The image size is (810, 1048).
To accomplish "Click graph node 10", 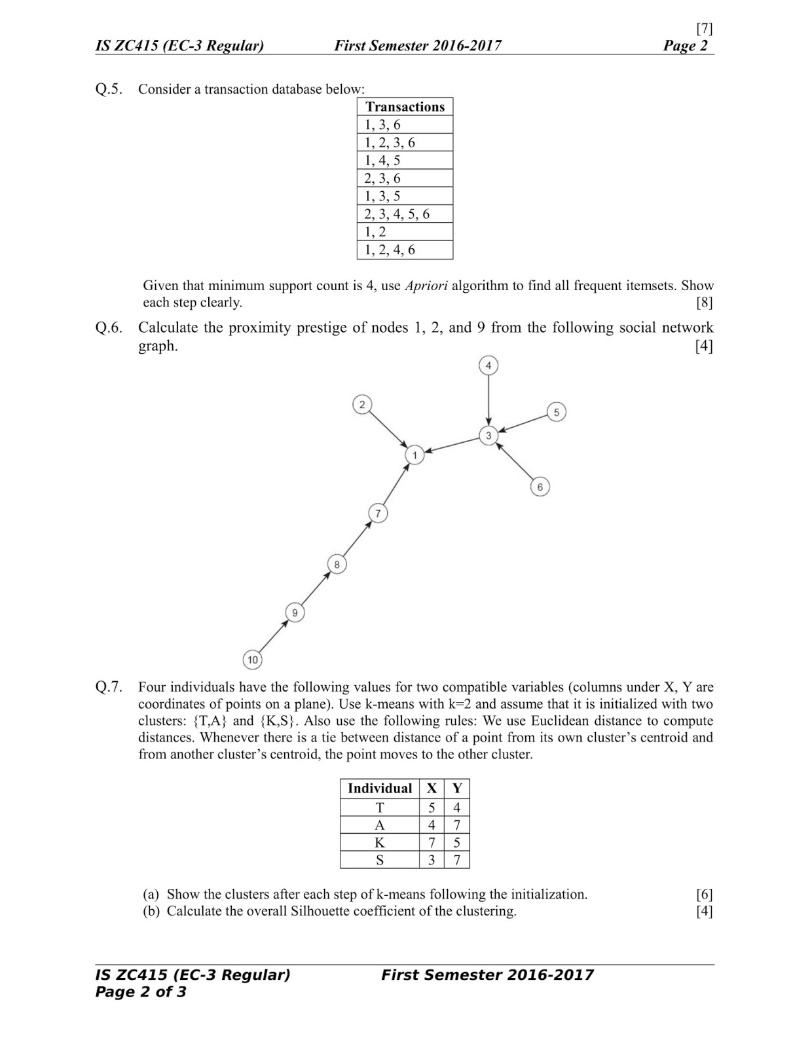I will click(253, 660).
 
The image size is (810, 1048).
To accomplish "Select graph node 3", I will click(488, 435).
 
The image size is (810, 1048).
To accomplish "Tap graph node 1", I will click(414, 455).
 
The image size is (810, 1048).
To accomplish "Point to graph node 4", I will click(488, 365).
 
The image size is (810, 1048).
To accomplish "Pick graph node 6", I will click(540, 487).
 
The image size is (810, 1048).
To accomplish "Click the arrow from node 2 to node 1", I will click(388, 429).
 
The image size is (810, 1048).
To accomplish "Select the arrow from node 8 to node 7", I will click(358, 538).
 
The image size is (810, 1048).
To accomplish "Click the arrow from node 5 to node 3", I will click(523, 423).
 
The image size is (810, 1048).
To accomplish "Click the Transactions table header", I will click(405, 107).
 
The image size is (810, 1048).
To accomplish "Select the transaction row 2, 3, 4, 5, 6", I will click(405, 214).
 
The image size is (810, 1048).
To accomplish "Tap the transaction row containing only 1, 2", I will click(405, 232).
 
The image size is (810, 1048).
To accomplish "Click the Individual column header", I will click(380, 788).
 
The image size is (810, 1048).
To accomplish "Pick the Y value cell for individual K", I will click(456, 842).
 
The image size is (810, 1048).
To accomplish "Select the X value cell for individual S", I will click(432, 860).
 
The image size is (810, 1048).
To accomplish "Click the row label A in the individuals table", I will click(380, 825).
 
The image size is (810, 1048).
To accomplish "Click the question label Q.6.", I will click(109, 327).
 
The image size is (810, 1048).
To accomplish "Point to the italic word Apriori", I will click(426, 286).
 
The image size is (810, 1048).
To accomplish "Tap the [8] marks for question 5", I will click(704, 303).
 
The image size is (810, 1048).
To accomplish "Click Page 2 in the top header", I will click(686, 46).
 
